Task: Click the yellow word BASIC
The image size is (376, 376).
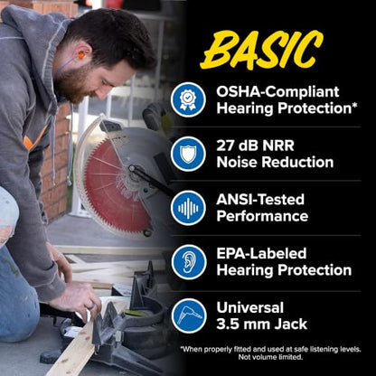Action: tap(262, 49)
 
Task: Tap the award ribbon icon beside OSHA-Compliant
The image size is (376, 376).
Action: tap(188, 99)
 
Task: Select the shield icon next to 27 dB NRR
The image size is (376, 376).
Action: tap(188, 154)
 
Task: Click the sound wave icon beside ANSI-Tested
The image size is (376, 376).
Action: tap(188, 208)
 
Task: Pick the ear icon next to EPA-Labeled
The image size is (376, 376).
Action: tap(189, 262)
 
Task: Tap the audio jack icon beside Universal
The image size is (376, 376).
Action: tap(189, 315)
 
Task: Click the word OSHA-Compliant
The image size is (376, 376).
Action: tap(277, 92)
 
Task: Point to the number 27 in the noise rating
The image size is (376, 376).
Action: tap(226, 146)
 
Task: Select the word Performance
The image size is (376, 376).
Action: tap(262, 217)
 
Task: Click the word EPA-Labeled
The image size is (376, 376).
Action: tap(261, 253)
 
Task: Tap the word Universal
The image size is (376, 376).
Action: tap(250, 307)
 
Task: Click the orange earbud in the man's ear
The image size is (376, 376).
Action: tap(81, 55)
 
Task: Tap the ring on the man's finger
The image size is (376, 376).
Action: tap(90, 306)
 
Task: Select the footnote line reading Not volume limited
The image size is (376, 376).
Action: tap(270, 357)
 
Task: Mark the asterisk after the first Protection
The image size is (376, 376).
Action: tap(355, 105)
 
